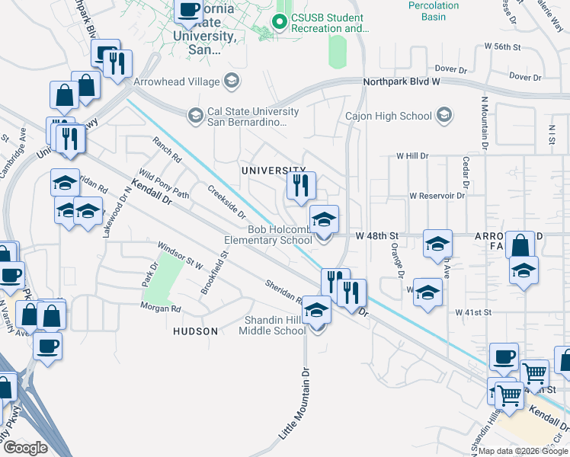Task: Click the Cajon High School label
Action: (389, 117)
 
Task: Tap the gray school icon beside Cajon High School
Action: (444, 116)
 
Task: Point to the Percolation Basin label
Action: (433, 11)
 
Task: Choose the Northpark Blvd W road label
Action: (402, 81)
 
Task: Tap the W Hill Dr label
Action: (412, 155)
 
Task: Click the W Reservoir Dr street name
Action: (437, 196)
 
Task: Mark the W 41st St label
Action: (475, 312)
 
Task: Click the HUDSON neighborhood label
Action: (196, 331)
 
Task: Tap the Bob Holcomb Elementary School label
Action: (280, 235)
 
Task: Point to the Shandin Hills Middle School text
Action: (273, 325)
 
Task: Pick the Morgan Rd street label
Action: (160, 308)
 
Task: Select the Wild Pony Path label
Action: (163, 182)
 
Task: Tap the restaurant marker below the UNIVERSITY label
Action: (300, 185)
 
